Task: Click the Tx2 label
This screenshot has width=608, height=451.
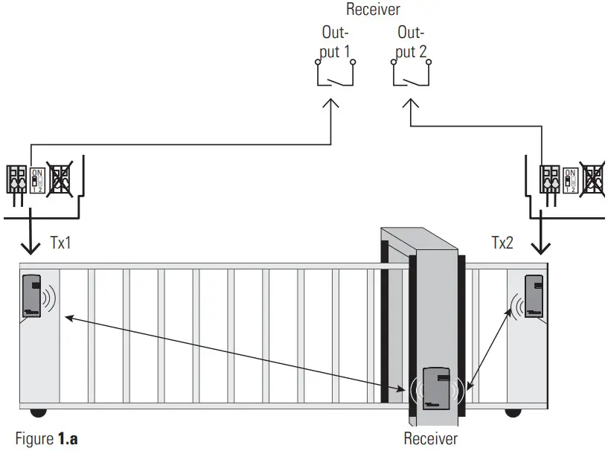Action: (x=502, y=243)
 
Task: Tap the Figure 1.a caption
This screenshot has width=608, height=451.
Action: (x=46, y=438)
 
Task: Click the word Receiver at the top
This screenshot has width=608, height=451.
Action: (x=373, y=10)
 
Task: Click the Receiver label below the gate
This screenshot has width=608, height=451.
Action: (x=431, y=438)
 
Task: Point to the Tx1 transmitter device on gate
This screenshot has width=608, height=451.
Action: (x=31, y=296)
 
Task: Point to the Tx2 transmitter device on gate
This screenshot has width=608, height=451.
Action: (x=534, y=296)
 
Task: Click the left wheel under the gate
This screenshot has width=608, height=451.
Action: (x=36, y=412)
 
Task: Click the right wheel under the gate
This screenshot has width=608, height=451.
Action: (x=513, y=412)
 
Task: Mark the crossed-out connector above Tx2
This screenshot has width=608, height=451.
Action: (x=593, y=179)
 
